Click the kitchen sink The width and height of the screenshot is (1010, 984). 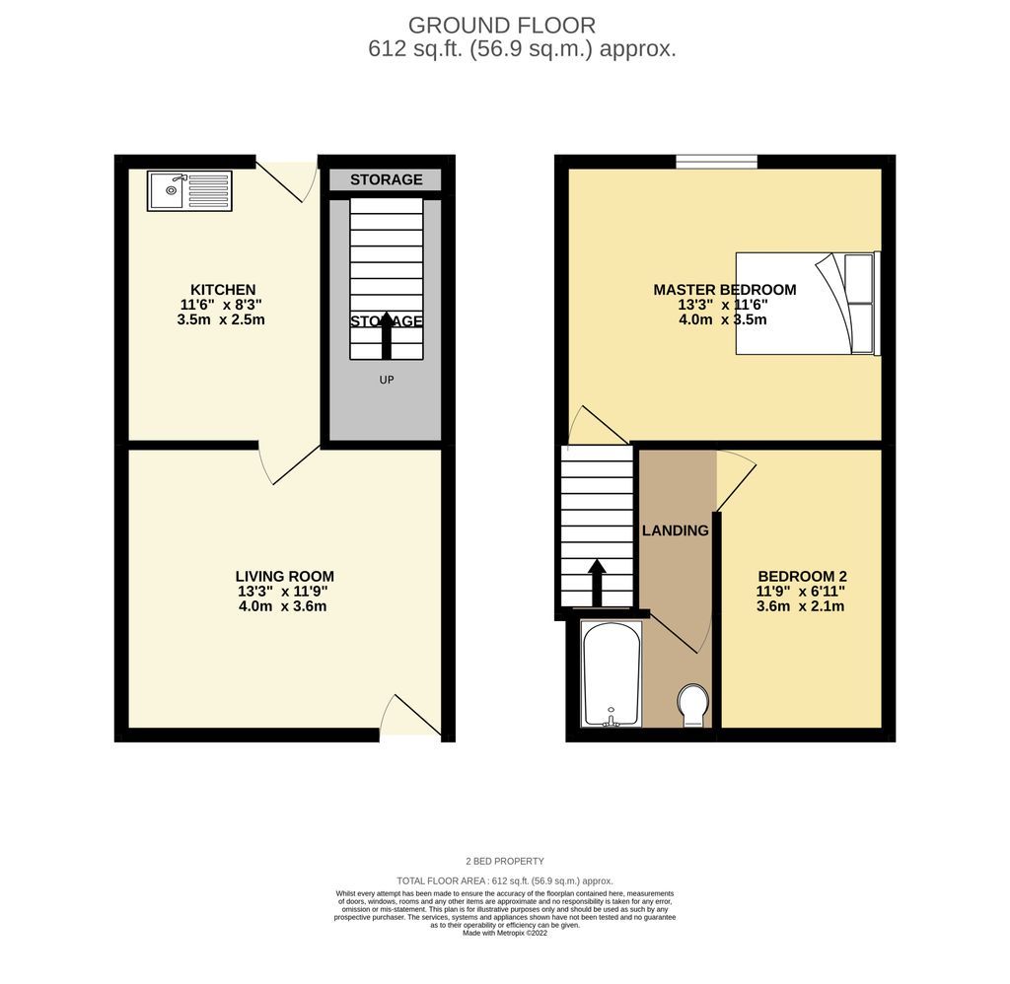(x=189, y=190)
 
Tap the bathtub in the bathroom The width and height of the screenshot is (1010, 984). (x=613, y=673)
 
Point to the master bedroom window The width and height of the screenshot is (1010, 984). (x=716, y=162)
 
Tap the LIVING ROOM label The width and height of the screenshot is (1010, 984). (x=284, y=576)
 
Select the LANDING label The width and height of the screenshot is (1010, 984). (x=676, y=530)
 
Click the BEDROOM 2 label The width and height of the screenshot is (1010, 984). (x=802, y=577)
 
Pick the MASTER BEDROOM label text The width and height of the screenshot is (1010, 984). (x=724, y=289)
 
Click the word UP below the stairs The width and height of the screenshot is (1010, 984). (x=386, y=380)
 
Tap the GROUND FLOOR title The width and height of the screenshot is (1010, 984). (x=502, y=25)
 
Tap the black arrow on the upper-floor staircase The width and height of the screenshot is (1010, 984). (x=597, y=583)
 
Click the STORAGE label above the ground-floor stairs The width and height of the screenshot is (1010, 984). (x=387, y=179)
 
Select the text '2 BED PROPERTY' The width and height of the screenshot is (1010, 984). (x=504, y=861)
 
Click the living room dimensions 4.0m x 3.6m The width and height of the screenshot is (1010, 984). (x=282, y=606)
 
